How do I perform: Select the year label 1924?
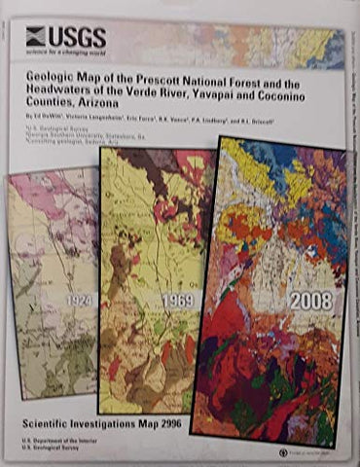pos(80,303)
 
